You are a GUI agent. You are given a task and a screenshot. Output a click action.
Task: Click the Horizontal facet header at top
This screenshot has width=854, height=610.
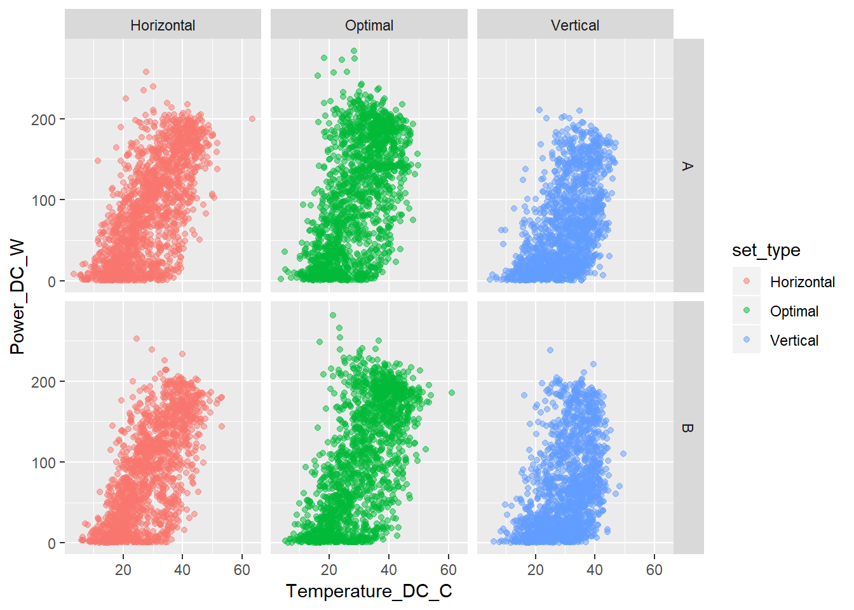(163, 25)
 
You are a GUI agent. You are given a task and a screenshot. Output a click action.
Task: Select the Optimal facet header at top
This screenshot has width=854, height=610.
(369, 25)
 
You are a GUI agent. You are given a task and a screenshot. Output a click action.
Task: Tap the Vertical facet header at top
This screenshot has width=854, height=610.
(575, 25)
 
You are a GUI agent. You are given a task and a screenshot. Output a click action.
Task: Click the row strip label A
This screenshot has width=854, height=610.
(688, 166)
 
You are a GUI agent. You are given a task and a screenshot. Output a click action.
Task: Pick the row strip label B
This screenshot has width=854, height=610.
(688, 428)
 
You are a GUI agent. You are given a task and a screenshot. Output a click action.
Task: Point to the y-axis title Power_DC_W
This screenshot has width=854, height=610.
(17, 297)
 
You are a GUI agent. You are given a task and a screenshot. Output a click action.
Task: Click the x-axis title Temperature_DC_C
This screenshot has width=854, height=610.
(369, 591)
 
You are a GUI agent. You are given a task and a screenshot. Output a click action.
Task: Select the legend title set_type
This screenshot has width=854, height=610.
(766, 250)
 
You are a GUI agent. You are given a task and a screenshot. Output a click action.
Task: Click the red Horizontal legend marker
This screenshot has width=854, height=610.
(747, 281)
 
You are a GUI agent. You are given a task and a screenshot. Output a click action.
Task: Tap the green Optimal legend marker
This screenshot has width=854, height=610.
(747, 311)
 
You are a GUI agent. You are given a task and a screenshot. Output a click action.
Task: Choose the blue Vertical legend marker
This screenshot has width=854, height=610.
(747, 340)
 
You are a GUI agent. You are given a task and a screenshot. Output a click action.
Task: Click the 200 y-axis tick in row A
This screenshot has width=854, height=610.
(43, 119)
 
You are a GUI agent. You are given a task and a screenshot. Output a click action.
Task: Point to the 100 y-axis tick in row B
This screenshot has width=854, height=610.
(43, 463)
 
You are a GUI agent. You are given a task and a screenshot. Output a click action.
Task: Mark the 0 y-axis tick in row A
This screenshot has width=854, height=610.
(51, 281)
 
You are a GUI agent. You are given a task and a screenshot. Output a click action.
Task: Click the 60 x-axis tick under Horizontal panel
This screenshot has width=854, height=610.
(242, 570)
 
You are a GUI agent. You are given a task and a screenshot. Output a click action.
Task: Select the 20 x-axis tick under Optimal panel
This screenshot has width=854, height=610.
(329, 570)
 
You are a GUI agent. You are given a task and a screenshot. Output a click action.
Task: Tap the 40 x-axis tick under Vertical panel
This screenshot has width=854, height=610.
(595, 570)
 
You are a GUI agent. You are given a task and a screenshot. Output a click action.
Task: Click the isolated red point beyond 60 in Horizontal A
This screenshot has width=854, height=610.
(252, 119)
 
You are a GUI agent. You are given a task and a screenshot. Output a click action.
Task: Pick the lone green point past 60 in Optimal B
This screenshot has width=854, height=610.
(452, 393)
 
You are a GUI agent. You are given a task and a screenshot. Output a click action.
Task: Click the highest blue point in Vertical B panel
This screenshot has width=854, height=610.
(550, 350)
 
